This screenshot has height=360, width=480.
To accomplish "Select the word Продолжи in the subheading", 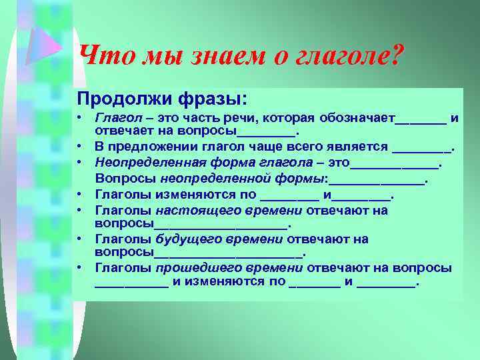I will click(124, 99).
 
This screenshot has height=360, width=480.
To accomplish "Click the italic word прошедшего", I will click(189, 267).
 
